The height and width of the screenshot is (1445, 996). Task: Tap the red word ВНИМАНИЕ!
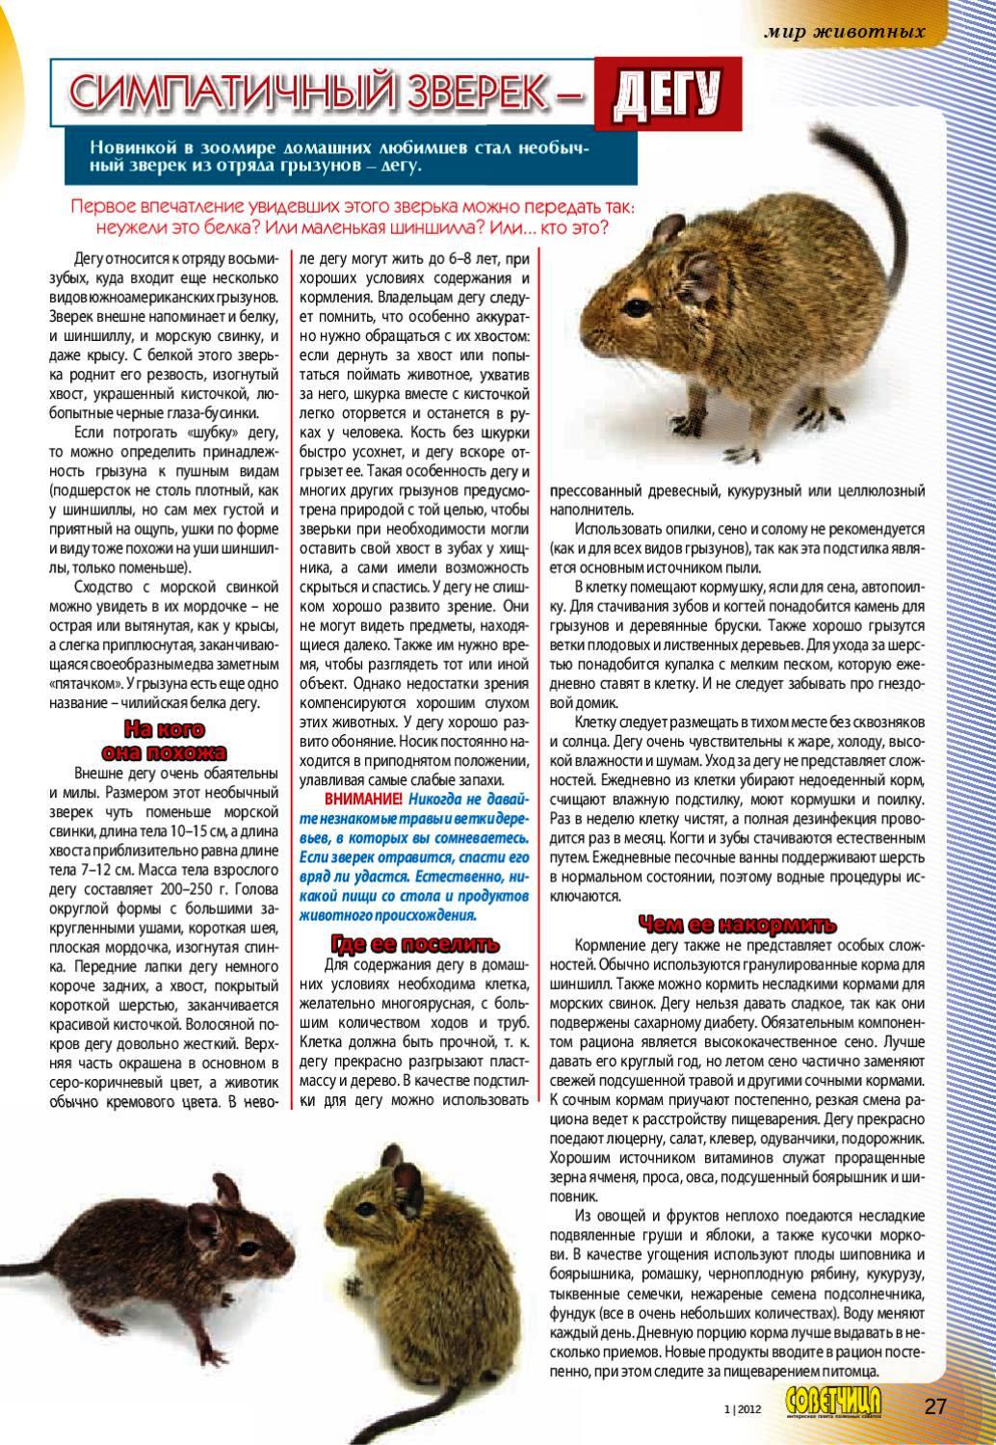[363, 800]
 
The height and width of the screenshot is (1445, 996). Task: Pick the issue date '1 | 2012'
[742, 1408]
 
